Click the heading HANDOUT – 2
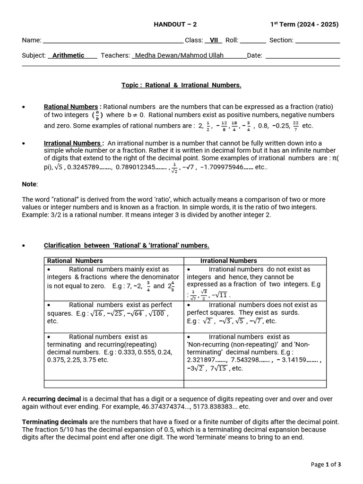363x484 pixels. click(175, 25)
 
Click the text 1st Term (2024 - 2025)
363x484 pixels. click(304, 25)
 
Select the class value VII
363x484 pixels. click(214, 40)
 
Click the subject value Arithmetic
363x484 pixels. click(68, 55)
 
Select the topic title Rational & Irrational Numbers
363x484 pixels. click(181, 85)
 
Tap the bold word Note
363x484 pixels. click(29, 184)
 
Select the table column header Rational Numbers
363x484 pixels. click(75, 260)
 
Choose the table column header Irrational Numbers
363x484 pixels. click(228, 260)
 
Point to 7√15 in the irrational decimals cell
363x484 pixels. click(219, 369)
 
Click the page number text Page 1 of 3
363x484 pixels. click(326, 464)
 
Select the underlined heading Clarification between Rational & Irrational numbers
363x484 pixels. click(126, 245)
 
